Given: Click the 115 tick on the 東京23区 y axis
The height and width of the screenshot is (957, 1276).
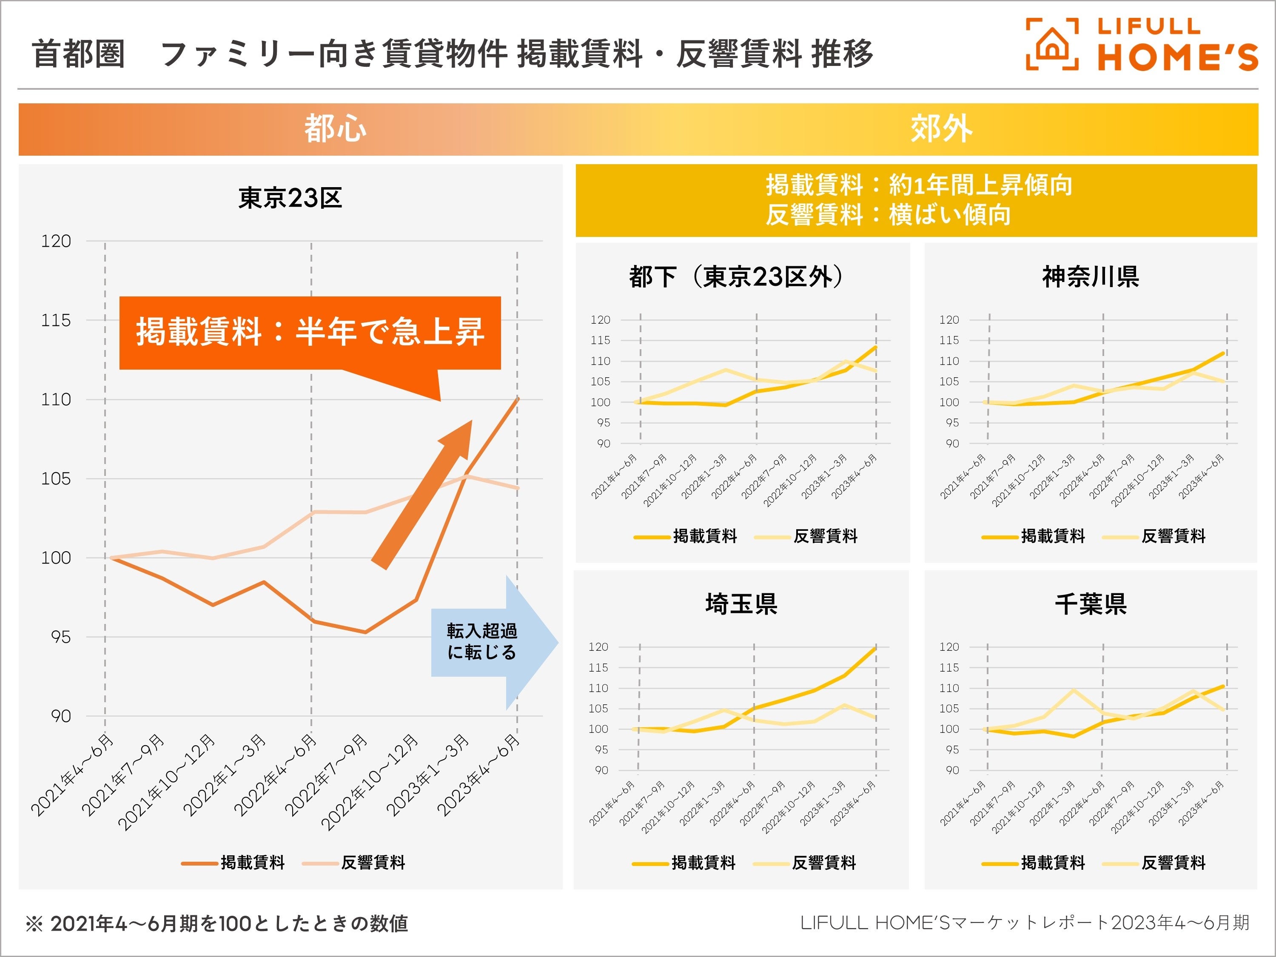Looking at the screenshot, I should pyautogui.click(x=56, y=321).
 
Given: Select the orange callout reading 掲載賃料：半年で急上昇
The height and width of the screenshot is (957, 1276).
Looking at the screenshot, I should pyautogui.click(x=310, y=333).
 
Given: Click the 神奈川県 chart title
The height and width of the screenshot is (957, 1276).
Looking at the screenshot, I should pyautogui.click(x=1090, y=277).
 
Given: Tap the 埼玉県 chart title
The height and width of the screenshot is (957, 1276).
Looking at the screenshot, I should pyautogui.click(x=741, y=604).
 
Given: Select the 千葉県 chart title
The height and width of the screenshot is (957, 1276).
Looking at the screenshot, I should pyautogui.click(x=1090, y=604).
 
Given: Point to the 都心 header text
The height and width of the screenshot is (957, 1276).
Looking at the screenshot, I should pyautogui.click(x=335, y=128).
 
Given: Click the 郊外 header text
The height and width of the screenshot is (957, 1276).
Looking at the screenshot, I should pyautogui.click(x=941, y=128).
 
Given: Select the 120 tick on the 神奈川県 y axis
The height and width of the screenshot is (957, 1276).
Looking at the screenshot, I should pyautogui.click(x=949, y=319).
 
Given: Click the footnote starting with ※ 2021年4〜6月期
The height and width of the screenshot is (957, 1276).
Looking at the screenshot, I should pyautogui.click(x=216, y=923).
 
